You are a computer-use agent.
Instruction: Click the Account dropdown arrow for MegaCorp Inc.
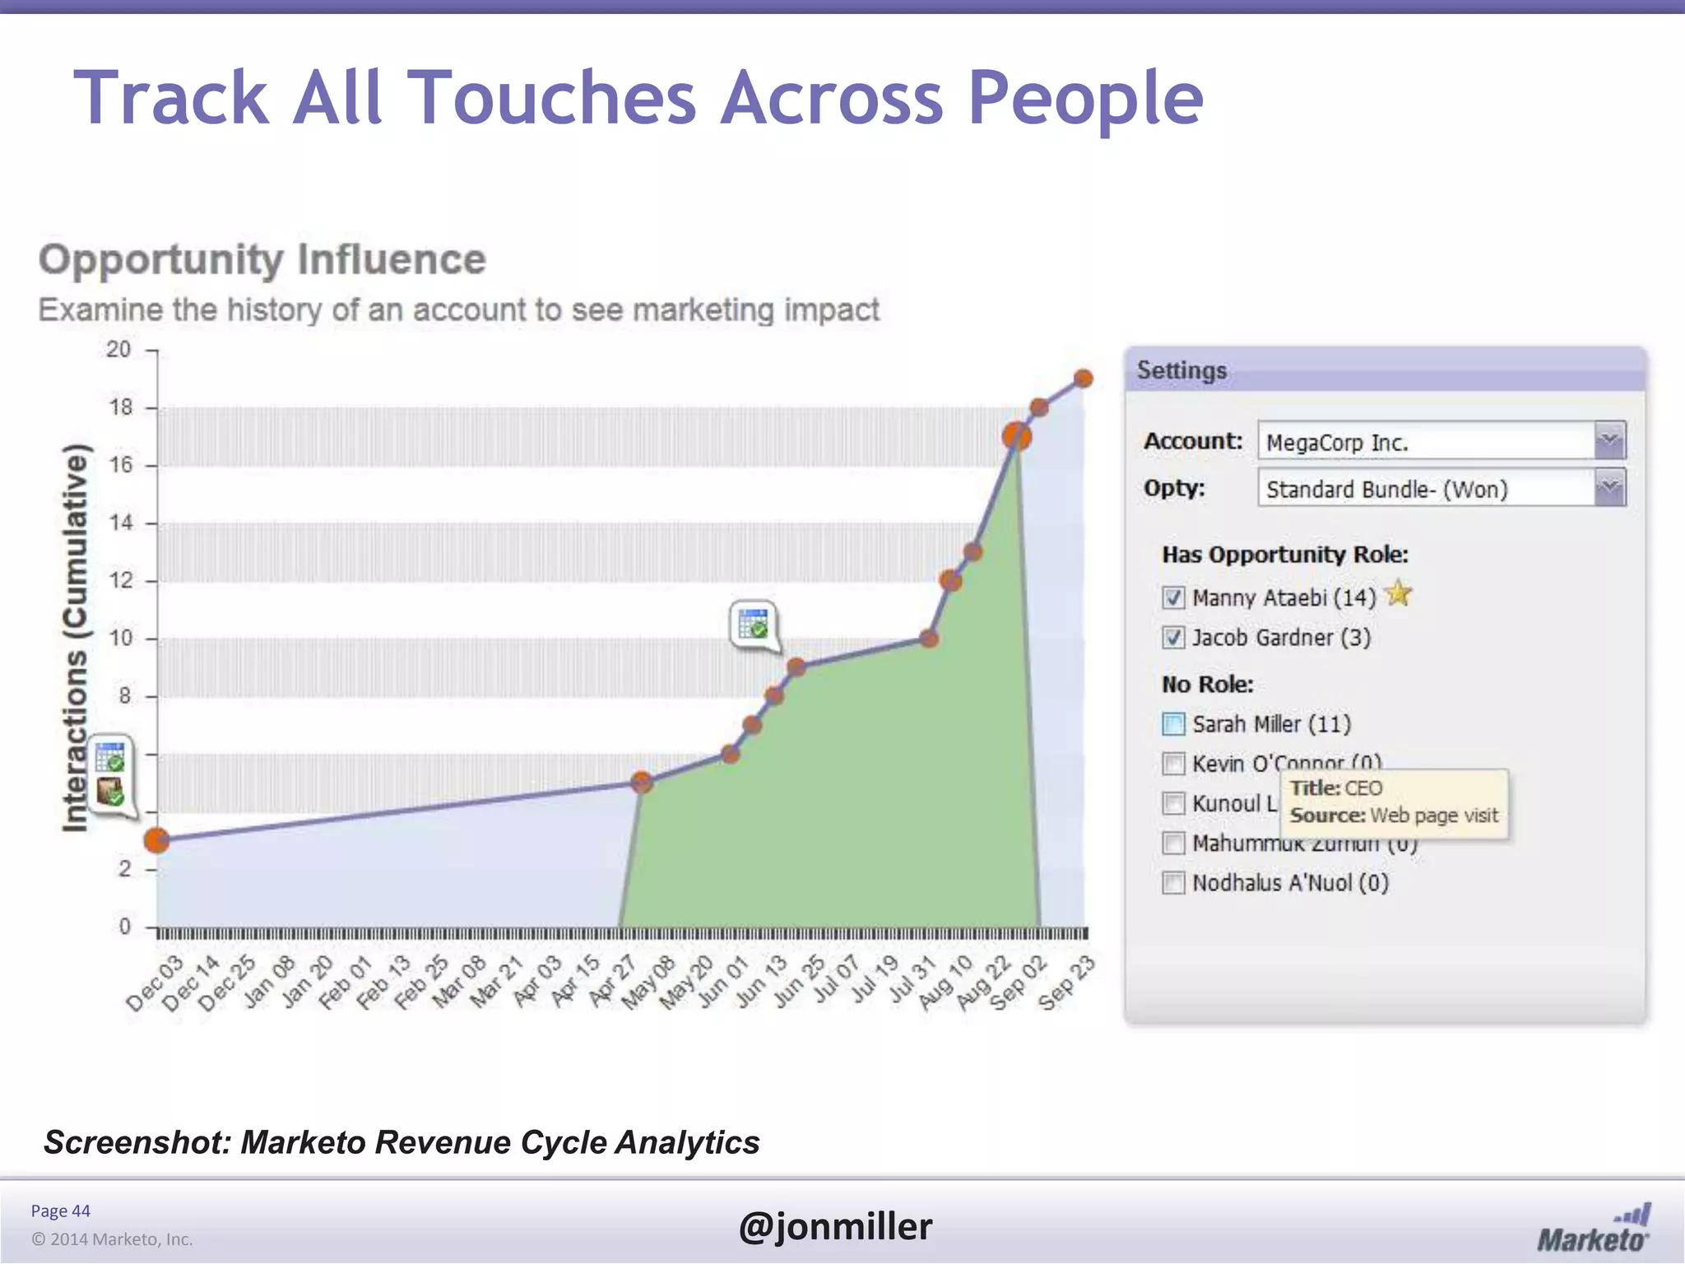point(1609,441)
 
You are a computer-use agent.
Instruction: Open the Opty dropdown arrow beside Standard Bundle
point(1609,489)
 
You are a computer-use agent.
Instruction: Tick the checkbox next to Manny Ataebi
point(1173,597)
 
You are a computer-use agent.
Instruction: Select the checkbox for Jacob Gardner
point(1173,638)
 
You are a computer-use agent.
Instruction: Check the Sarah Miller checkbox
point(1173,724)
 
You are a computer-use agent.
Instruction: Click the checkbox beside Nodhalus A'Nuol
point(1173,883)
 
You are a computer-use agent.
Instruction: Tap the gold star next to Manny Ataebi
point(1398,593)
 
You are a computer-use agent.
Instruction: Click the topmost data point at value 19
point(1084,379)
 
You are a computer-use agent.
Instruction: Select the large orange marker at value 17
point(1017,436)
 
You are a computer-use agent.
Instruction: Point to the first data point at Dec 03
point(156,840)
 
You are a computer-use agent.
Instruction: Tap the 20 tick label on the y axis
point(118,350)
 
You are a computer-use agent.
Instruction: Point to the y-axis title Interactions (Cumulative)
point(75,638)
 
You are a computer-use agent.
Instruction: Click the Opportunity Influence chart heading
point(262,259)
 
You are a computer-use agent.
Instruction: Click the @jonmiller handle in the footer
point(835,1226)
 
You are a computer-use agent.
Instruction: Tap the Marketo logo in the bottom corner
point(1594,1230)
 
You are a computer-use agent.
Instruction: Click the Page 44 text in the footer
point(60,1211)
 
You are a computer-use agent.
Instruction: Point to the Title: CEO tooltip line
point(1336,788)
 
